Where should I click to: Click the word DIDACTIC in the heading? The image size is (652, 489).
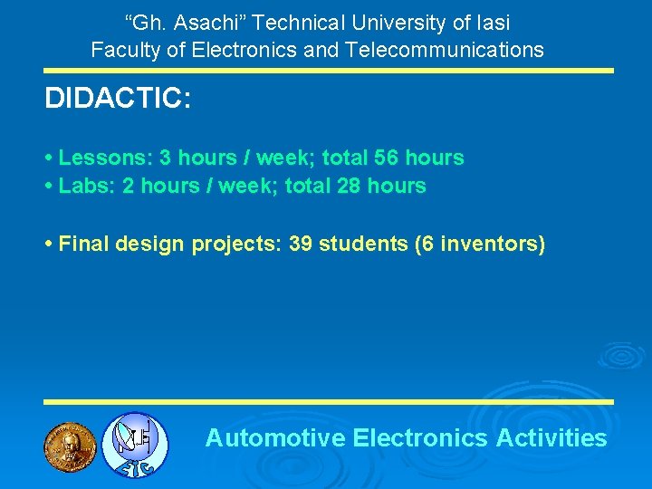pos(113,99)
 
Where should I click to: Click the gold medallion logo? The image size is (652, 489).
pos(70,444)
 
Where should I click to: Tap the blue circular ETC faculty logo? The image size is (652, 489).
pos(134,444)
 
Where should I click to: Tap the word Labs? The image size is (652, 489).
pos(84,186)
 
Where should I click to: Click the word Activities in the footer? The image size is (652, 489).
pos(551,438)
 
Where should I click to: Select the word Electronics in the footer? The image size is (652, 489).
pos(420,438)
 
